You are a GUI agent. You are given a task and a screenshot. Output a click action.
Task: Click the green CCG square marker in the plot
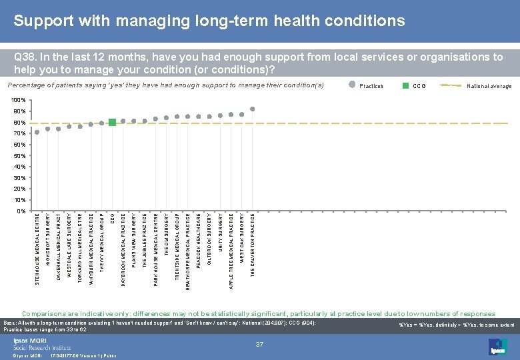tap(112, 122)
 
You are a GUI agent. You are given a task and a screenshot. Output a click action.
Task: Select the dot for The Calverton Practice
tap(253, 109)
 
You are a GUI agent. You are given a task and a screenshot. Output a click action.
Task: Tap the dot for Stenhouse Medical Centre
tap(37, 132)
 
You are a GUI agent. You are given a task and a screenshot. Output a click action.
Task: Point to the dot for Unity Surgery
tap(220, 115)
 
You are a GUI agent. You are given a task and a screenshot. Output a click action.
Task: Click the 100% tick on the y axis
tap(19, 101)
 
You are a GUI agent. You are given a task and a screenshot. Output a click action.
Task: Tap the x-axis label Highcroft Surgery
tap(48, 237)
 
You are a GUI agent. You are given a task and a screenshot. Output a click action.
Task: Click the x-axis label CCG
tap(112, 217)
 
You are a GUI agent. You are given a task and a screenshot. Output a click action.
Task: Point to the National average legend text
tap(489, 86)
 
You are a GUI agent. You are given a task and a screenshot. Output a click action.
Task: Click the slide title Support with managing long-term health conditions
tap(209, 21)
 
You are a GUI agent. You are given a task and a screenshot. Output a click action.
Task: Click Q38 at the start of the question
tap(24, 57)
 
